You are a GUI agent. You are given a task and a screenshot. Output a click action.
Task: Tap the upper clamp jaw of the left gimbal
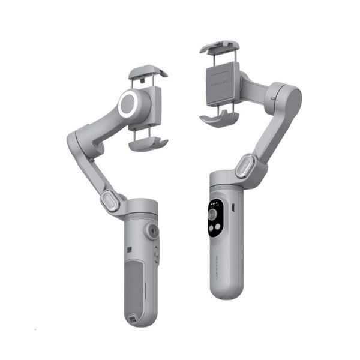click(148, 73)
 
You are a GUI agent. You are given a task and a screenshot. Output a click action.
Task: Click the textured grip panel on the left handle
click(137, 285)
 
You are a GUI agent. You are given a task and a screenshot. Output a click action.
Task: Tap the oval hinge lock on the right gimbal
click(245, 166)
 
